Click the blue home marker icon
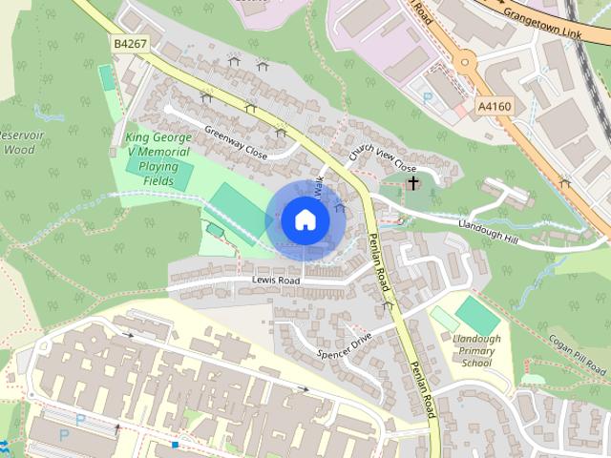(305, 219)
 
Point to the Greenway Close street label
(234, 139)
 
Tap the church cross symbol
(413, 181)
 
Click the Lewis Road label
(276, 281)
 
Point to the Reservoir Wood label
(18, 142)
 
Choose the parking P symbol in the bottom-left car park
(64, 434)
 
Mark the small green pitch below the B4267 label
(105, 78)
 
